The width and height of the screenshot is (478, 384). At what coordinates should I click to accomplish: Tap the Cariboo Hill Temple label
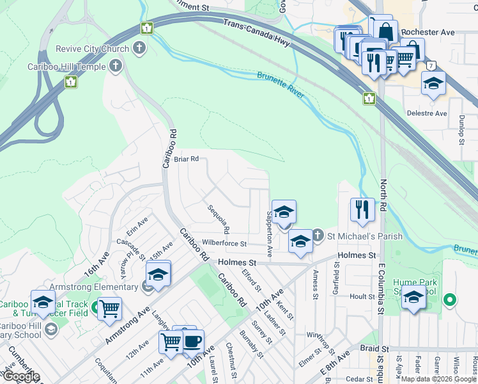(67, 66)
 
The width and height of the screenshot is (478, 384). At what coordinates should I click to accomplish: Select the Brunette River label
(281, 84)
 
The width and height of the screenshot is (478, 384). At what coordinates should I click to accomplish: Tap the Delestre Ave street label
(428, 113)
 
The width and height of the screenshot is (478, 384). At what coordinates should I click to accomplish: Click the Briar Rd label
(187, 159)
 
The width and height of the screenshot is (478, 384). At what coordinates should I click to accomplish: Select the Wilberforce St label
(224, 244)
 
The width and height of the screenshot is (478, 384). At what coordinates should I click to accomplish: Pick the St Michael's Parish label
(365, 236)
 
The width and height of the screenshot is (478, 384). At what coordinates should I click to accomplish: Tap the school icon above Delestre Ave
(433, 83)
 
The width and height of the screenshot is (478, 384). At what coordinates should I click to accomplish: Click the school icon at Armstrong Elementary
(158, 274)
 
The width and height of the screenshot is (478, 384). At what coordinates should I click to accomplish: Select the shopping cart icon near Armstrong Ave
(110, 308)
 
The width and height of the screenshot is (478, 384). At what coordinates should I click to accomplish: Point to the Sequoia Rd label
(218, 219)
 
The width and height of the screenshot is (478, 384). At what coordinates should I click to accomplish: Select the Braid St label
(374, 349)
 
